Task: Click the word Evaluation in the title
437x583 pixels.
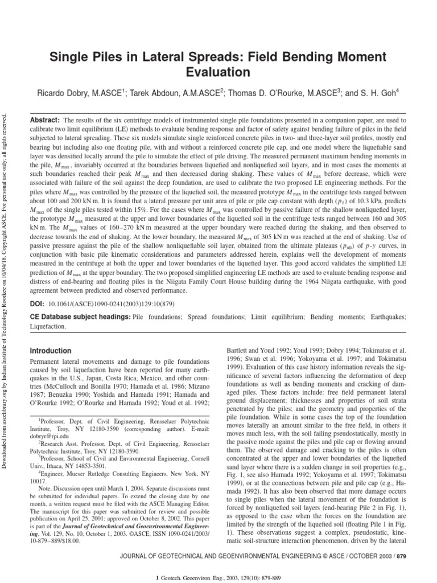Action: click(x=218, y=72)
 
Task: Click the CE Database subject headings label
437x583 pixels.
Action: click(x=80, y=316)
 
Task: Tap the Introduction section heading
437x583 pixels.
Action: click(x=51, y=351)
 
